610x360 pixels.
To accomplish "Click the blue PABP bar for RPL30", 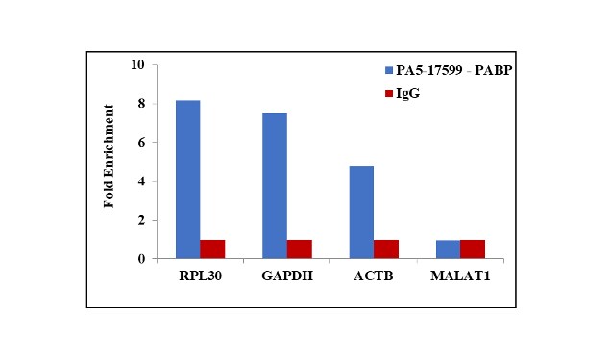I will coord(187,180).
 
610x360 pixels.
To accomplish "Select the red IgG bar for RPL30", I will coord(212,250).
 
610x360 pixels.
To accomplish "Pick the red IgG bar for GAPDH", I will coord(300,250).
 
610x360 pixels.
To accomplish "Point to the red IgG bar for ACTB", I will coord(386,250).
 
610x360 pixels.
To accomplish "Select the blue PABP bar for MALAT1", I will coord(448,250).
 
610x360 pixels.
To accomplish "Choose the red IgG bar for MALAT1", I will coord(473,250).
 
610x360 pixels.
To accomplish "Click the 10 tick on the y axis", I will coord(138,65).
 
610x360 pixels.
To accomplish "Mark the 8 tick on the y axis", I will coord(142,105).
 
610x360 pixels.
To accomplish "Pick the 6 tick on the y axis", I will coord(142,143).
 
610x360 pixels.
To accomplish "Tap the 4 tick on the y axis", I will coord(142,181).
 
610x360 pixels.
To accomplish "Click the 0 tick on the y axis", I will coord(142,259).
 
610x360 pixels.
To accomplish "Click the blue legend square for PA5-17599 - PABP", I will coord(388,71).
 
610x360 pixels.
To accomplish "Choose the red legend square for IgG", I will coord(388,93).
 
